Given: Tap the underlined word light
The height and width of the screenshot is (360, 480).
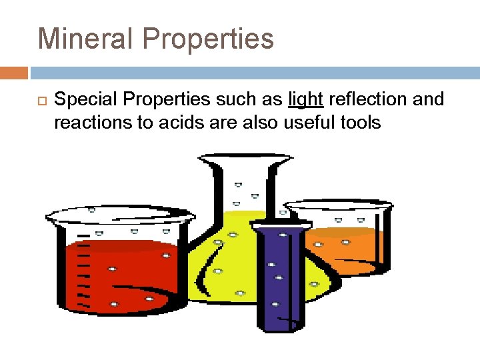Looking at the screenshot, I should [x=306, y=99].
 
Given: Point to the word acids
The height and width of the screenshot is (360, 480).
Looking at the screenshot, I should [x=174, y=122].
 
